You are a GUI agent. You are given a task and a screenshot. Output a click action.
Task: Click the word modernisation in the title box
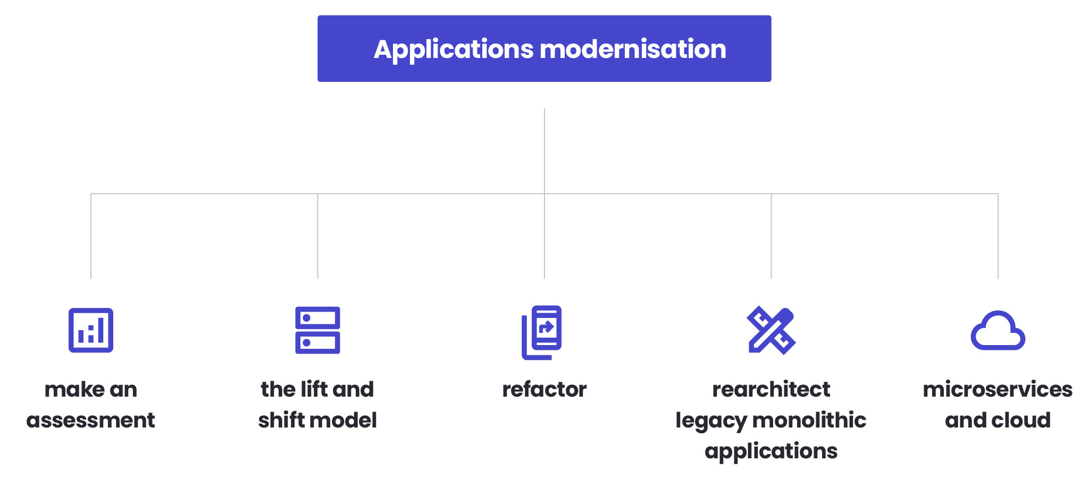(x=633, y=49)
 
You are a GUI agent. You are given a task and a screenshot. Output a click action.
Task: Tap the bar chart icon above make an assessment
(x=91, y=330)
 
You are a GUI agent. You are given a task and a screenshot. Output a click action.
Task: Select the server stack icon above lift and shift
(x=317, y=330)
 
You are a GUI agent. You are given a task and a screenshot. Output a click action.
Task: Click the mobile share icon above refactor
(x=542, y=332)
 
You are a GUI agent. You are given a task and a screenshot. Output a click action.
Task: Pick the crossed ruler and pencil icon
(x=771, y=330)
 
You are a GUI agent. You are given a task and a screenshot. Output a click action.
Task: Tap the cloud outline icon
(x=998, y=332)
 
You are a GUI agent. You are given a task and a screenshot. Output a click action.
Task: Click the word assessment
(x=90, y=421)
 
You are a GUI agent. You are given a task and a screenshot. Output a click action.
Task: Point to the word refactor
(x=544, y=390)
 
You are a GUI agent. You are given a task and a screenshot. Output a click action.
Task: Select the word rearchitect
(x=771, y=390)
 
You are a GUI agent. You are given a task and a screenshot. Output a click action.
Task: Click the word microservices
(x=998, y=390)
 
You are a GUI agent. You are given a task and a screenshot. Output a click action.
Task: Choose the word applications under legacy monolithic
(x=771, y=451)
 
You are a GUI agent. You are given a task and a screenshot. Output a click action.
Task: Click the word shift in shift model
(x=281, y=421)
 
